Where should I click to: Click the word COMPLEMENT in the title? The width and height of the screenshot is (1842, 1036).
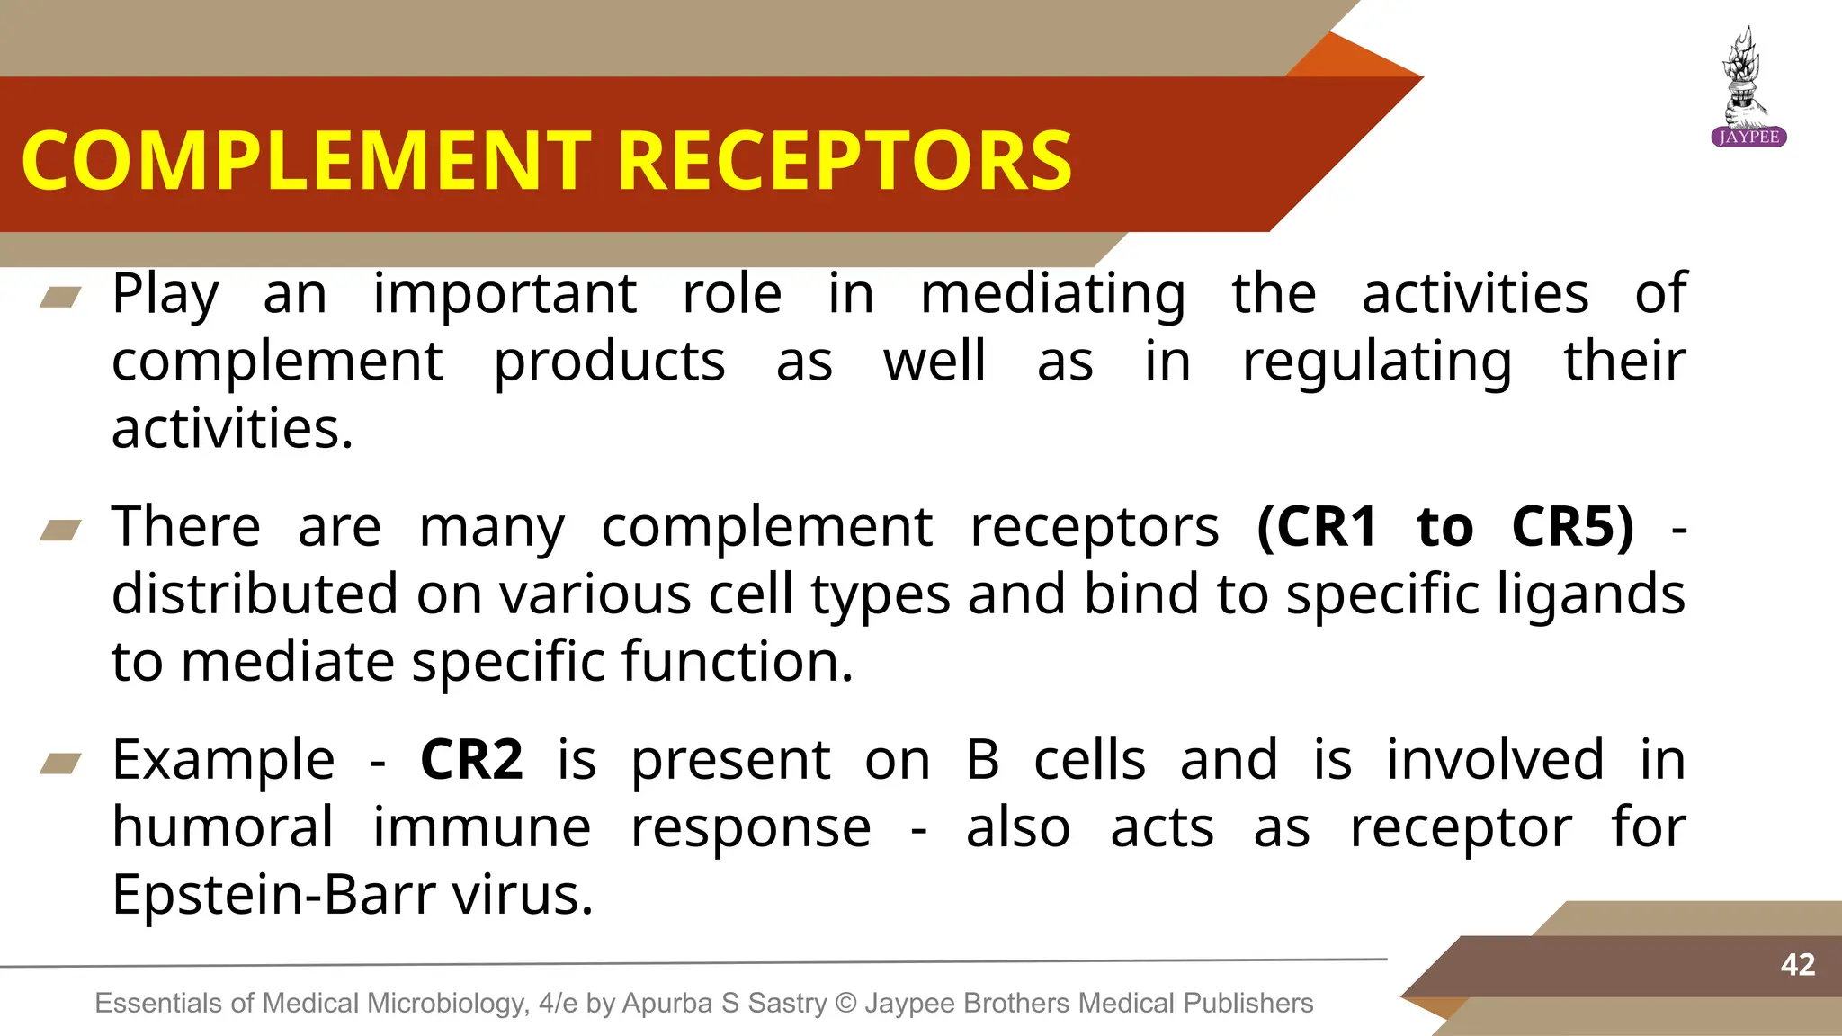pos(306,162)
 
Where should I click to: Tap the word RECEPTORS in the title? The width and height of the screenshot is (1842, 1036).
pos(845,162)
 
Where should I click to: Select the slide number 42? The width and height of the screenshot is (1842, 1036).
pos(1797,965)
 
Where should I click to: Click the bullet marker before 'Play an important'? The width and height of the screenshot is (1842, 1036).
pos(60,297)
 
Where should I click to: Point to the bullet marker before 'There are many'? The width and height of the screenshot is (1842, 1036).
pos(60,531)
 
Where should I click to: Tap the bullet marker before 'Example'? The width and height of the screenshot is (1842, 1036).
pos(60,764)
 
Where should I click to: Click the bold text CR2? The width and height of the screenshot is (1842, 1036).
pos(471,760)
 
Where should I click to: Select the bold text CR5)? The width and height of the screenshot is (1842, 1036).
pos(1572,527)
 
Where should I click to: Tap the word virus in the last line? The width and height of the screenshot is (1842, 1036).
pos(522,895)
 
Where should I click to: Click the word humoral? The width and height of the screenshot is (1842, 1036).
pos(222,827)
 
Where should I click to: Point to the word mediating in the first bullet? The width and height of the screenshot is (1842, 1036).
pos(1052,295)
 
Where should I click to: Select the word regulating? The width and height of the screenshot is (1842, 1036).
pos(1376,362)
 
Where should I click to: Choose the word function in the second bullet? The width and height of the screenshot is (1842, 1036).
pos(736,662)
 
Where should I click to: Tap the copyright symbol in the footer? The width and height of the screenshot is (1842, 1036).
pos(845,1003)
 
